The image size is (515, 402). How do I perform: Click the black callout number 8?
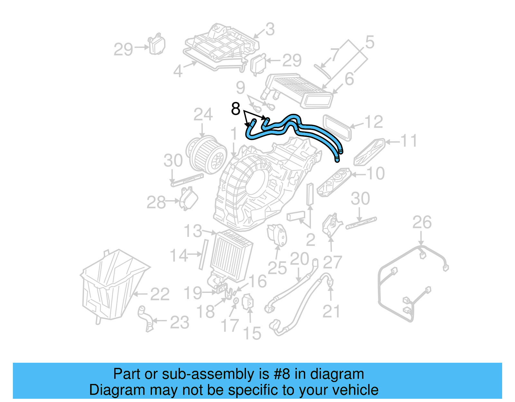236,109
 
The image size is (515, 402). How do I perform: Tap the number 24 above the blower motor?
203,115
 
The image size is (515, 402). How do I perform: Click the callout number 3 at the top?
270,29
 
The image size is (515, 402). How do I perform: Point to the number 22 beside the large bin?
160,294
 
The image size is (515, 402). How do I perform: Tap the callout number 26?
422,222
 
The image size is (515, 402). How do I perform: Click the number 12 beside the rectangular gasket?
373,122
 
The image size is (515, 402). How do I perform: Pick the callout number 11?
408,141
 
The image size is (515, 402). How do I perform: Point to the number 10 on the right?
375,173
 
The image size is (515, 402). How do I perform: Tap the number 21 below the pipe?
331,311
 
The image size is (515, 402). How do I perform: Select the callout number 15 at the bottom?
252,333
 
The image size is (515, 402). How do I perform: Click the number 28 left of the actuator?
156,202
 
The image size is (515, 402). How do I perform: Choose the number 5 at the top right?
370,42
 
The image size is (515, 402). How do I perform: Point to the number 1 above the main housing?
234,134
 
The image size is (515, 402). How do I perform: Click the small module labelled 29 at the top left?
156,45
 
